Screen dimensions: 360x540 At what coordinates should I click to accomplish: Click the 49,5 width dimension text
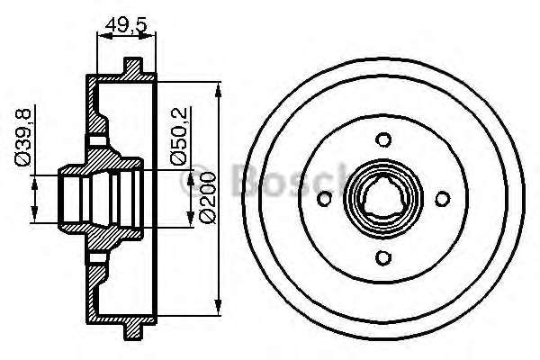(125, 23)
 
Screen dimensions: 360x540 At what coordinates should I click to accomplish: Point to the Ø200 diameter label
(206, 198)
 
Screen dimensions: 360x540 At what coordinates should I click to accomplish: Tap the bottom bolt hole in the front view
(382, 257)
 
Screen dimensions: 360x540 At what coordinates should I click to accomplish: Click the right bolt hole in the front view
(442, 199)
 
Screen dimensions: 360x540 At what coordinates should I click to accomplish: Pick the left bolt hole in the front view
(324, 199)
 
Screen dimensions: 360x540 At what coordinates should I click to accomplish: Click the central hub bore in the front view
(382, 199)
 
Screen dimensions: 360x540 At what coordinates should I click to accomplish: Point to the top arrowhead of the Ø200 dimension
(219, 87)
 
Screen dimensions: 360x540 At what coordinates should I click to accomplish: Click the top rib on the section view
(133, 67)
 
